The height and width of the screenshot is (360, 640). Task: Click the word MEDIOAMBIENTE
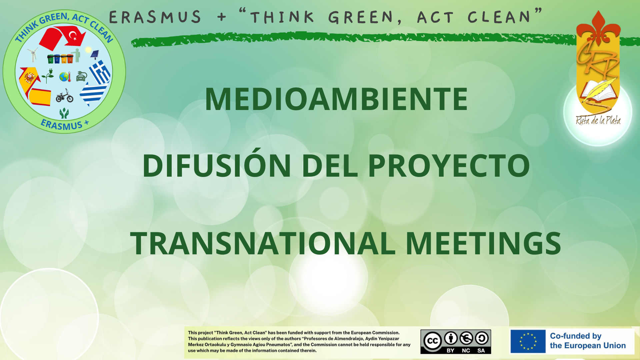point(336,99)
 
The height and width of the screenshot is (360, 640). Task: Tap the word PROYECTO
point(449,166)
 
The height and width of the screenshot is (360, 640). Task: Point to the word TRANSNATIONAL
point(263,243)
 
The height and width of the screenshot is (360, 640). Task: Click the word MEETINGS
point(483,243)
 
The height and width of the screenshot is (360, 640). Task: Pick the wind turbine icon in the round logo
point(33,54)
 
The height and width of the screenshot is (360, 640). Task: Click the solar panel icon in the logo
point(95,54)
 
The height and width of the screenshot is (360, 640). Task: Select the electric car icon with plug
point(82,76)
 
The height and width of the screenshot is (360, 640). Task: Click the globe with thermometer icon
point(65,77)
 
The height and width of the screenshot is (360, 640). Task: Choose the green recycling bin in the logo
point(50,59)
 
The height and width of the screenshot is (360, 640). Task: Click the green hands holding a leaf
point(64,113)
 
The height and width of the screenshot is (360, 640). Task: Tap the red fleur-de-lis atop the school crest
point(598,28)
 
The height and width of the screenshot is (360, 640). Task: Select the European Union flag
point(528,341)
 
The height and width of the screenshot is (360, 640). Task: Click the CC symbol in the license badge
point(433,341)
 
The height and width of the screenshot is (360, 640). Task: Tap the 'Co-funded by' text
point(576,336)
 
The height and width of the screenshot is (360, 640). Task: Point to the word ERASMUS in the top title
point(155,17)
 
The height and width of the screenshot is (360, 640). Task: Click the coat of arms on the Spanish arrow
point(30,77)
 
